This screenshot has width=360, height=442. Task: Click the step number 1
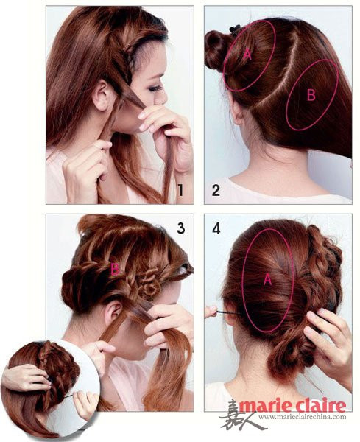point(180,190)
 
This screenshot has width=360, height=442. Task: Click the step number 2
point(216,191)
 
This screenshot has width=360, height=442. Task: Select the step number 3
point(180,228)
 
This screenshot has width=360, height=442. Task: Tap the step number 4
point(216,228)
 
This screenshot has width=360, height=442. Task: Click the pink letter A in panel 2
point(247,54)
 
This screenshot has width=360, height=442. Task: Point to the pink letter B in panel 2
point(311,95)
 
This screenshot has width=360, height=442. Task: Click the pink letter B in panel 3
point(115,269)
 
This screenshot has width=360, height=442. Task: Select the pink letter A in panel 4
point(267,279)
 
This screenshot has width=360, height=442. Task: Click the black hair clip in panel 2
point(235,29)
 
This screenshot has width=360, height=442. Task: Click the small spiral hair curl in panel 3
point(149,285)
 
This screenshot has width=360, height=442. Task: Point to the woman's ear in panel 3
point(113,312)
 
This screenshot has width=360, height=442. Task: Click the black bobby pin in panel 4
point(228,313)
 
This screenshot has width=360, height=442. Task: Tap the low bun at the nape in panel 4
point(285,358)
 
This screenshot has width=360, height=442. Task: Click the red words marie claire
point(292,405)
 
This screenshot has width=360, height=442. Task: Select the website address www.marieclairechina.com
point(303,417)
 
